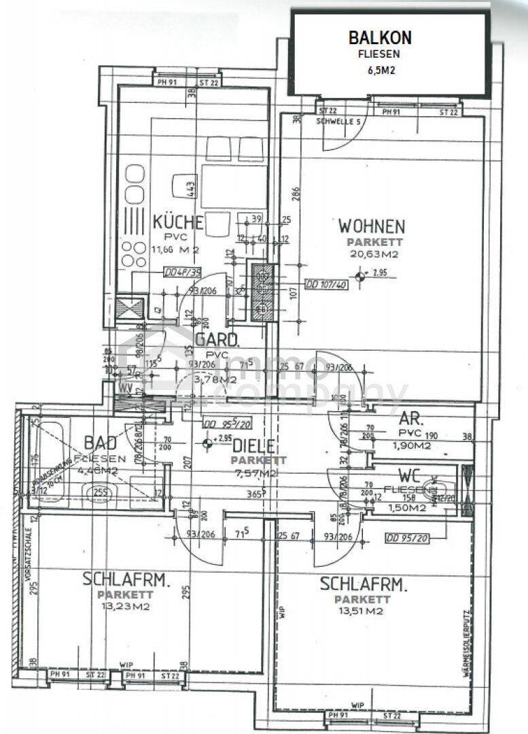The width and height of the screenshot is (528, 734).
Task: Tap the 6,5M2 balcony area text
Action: pos(380,69)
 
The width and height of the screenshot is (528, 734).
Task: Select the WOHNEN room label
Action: pos(372,226)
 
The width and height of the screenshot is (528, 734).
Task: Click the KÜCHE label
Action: pos(178,222)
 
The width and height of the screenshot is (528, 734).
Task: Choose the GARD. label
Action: pos(217,340)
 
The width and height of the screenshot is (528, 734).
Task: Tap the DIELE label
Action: pos(253,446)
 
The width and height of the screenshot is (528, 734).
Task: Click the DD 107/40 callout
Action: pos(327,285)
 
